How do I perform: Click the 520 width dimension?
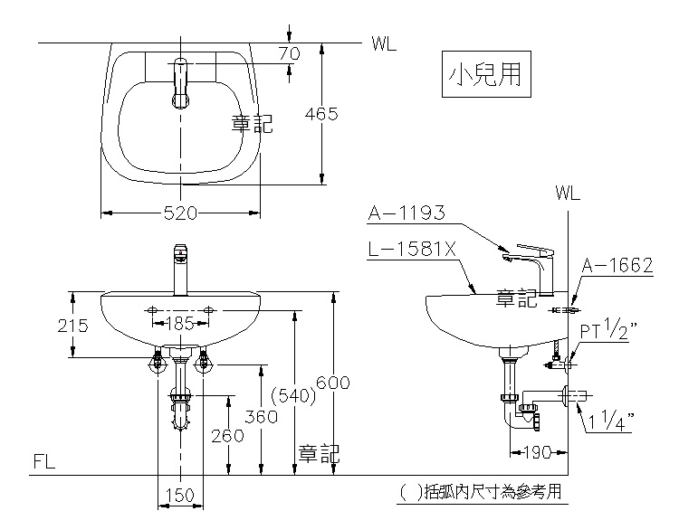180,213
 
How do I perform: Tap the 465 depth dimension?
320,114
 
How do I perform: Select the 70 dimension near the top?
289,53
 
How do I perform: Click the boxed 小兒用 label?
486,74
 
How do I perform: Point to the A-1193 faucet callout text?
406,213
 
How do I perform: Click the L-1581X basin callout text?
412,250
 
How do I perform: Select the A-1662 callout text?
617,265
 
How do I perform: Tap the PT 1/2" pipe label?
608,329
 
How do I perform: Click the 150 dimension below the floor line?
180,495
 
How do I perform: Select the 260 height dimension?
227,436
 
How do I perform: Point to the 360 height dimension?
261,417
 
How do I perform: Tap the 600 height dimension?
332,383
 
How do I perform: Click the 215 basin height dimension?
72,326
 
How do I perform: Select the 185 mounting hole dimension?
180,323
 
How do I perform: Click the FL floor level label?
44,461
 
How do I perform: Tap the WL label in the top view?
384,43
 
